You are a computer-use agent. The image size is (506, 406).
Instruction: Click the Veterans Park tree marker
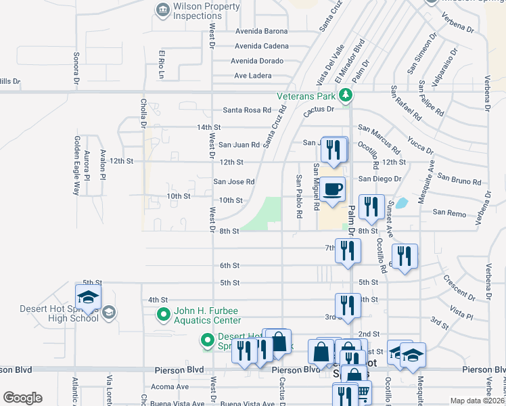click(346, 95)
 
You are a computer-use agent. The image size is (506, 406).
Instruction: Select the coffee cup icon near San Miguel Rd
click(332, 190)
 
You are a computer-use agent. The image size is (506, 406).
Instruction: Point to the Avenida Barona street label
click(261, 31)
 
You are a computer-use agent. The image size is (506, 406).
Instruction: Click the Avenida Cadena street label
click(261, 46)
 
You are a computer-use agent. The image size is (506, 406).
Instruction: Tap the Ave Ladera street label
click(252, 76)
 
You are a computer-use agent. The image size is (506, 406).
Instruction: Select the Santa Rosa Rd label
click(246, 110)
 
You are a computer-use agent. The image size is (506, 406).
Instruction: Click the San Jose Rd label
click(234, 181)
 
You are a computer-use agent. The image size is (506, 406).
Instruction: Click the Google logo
click(22, 398)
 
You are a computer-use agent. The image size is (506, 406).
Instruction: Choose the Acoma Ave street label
click(170, 387)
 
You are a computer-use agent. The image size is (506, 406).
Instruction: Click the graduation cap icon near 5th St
click(88, 296)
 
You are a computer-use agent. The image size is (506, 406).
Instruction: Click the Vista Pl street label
click(461, 313)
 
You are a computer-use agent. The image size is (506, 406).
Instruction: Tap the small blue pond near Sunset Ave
click(400, 202)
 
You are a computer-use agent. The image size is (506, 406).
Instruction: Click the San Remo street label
click(448, 212)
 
